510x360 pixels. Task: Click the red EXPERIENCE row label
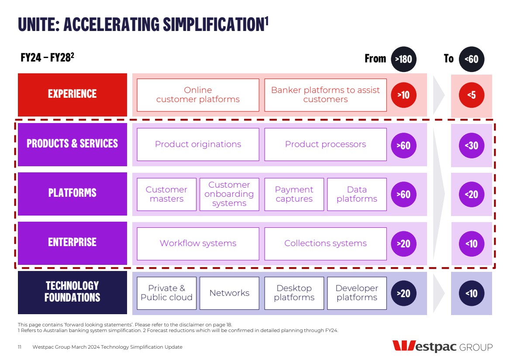72,94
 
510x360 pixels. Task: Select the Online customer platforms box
198,95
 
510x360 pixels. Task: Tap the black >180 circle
403,58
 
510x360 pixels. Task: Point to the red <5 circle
472,95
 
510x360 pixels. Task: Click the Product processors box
325,144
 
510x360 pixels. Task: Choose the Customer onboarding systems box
229,194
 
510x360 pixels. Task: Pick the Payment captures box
294,194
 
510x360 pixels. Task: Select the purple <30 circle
472,145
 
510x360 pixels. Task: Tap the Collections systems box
325,243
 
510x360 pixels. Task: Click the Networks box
229,293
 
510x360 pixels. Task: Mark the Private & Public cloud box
166,293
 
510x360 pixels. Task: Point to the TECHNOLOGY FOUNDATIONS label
72,292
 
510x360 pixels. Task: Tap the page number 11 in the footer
20,347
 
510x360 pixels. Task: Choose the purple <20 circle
472,194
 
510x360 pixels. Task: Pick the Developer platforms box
357,293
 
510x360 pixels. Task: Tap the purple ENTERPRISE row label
72,243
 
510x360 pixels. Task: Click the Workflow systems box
198,243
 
